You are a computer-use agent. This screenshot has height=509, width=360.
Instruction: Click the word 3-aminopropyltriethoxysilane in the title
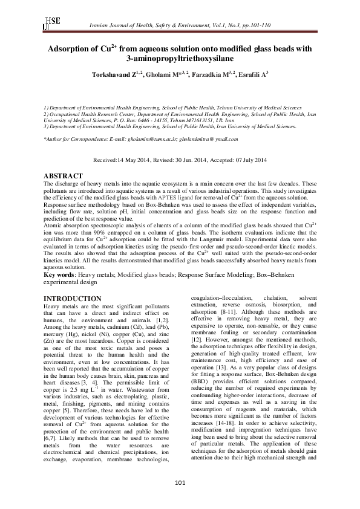click(x=180, y=59)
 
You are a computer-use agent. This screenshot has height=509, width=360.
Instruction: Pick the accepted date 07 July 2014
click(x=244, y=160)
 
